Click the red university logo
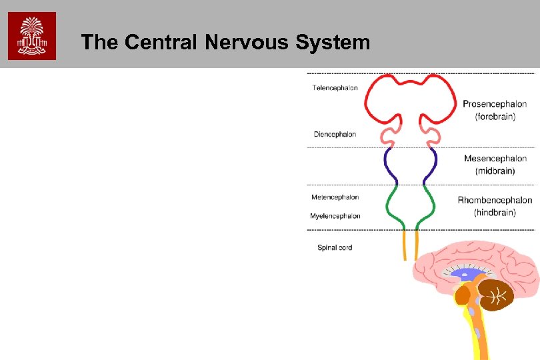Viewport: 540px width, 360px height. point(32,36)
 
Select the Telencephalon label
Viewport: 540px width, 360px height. point(335,88)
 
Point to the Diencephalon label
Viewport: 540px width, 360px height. point(335,134)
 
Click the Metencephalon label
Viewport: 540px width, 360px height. point(335,197)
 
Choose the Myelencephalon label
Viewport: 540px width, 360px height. point(335,216)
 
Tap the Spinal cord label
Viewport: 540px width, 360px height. point(334,248)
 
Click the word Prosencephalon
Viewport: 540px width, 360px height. point(495,104)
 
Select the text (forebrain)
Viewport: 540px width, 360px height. point(495,117)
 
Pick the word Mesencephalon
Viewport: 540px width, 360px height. point(495,159)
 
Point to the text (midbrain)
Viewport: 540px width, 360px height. point(495,171)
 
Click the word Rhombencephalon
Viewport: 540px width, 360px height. point(495,200)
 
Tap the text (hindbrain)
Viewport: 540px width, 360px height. point(495,213)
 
